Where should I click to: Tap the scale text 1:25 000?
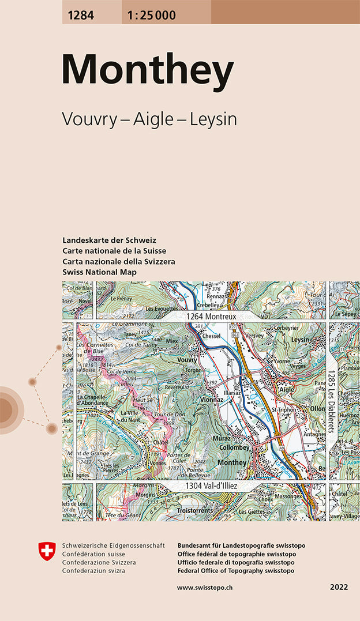[149, 16]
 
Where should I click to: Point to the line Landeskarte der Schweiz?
[109, 240]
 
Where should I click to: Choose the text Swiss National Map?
[100, 272]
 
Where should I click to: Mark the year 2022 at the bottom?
[339, 587]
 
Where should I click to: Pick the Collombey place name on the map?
[234, 447]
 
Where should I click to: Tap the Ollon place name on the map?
[317, 408]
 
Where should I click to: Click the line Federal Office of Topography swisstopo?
[236, 571]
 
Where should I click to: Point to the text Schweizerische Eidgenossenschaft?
[113, 545]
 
